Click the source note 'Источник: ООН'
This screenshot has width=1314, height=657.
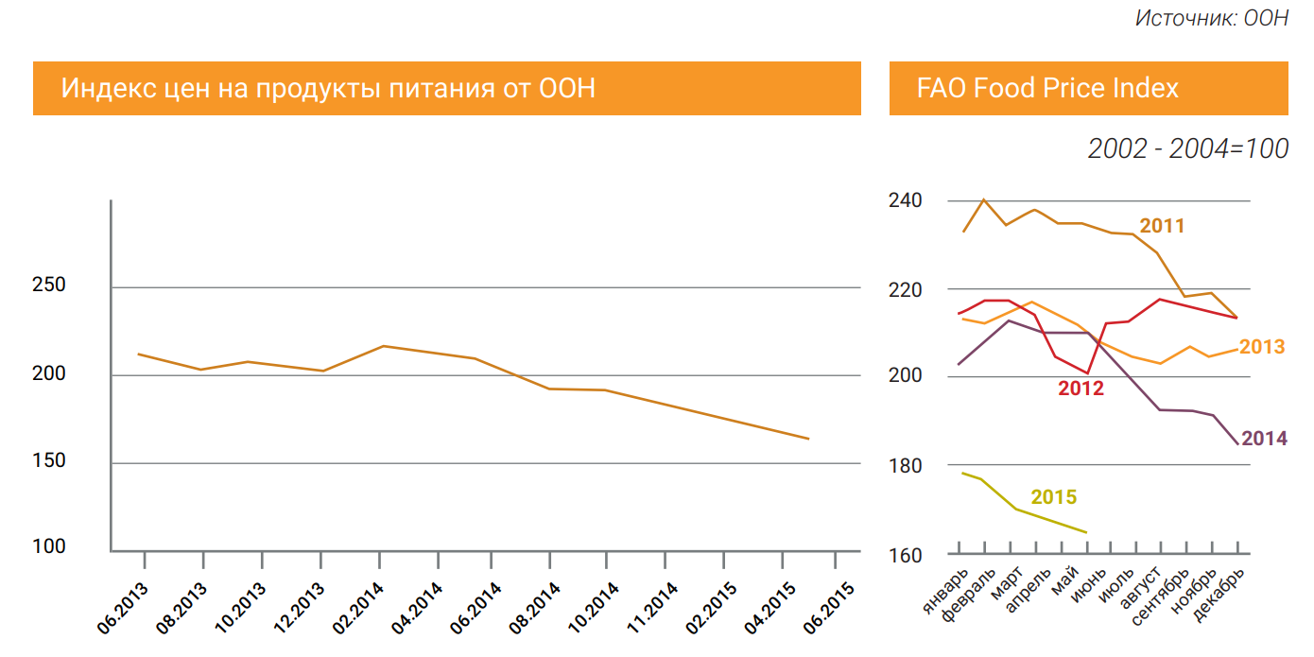1211,18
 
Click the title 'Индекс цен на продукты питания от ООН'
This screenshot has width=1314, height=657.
328,89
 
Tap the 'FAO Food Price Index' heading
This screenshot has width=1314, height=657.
1047,89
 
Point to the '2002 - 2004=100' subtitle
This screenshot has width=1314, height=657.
1187,149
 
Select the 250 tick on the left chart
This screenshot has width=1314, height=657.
49,285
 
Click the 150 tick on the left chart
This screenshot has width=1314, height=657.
49,461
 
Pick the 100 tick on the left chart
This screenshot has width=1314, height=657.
49,547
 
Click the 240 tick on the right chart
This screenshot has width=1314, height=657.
906,200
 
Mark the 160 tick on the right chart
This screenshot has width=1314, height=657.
906,555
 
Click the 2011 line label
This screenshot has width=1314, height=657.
1162,227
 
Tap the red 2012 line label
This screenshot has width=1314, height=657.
1081,389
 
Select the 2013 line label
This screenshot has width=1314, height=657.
1262,347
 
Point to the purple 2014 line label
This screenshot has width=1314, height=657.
1264,439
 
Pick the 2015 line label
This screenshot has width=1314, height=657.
1053,498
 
